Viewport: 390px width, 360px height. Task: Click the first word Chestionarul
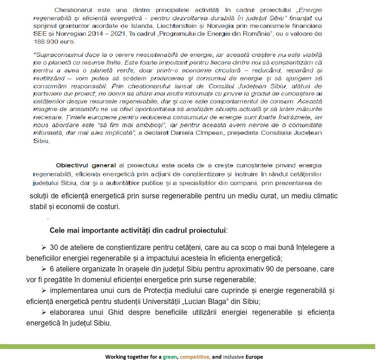click(73, 10)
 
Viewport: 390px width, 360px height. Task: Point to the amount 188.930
click(44, 42)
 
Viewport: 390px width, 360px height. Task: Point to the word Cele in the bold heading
click(57, 231)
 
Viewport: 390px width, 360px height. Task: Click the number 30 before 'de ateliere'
click(54, 247)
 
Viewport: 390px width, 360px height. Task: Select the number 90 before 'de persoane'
click(270, 269)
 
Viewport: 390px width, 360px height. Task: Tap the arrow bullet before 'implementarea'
click(44, 290)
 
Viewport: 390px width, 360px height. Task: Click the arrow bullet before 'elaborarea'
click(44, 312)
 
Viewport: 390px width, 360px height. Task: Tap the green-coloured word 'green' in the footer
click(170, 357)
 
